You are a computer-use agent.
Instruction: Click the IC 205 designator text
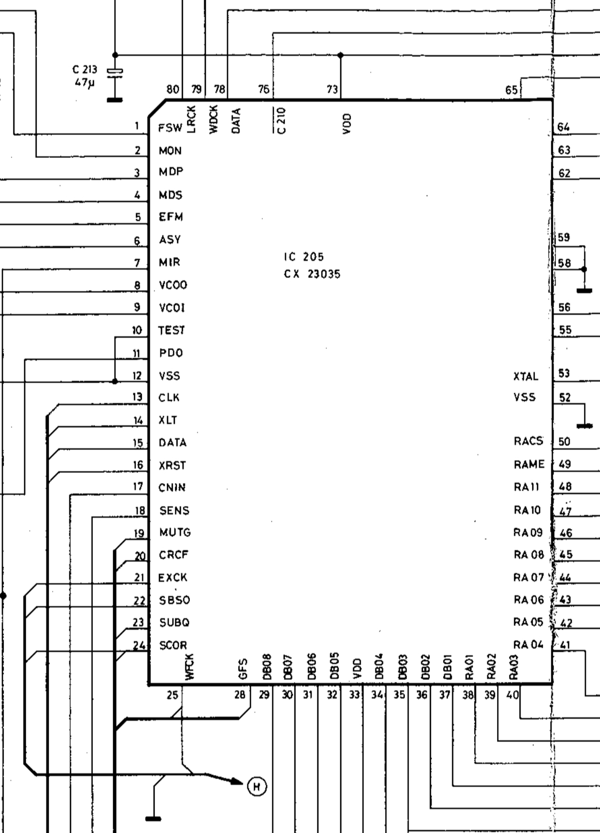point(303,257)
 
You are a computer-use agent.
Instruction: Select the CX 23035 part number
point(312,274)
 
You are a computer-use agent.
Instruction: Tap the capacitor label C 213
point(85,69)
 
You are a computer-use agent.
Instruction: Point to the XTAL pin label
point(526,376)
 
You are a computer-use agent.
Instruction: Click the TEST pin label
point(171,330)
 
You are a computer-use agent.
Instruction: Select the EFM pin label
point(171,217)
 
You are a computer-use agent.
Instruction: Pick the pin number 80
point(172,90)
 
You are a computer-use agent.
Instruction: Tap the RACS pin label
point(528,441)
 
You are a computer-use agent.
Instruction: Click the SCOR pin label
point(173,645)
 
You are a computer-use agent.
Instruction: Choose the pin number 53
point(564,374)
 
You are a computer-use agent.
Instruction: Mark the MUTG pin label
point(174,533)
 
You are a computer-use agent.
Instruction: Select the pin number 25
point(172,695)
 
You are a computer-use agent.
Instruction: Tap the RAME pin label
point(529,464)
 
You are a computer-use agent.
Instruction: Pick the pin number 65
point(511,90)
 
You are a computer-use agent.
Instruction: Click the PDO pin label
point(171,353)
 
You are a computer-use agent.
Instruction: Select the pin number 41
point(566,645)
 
